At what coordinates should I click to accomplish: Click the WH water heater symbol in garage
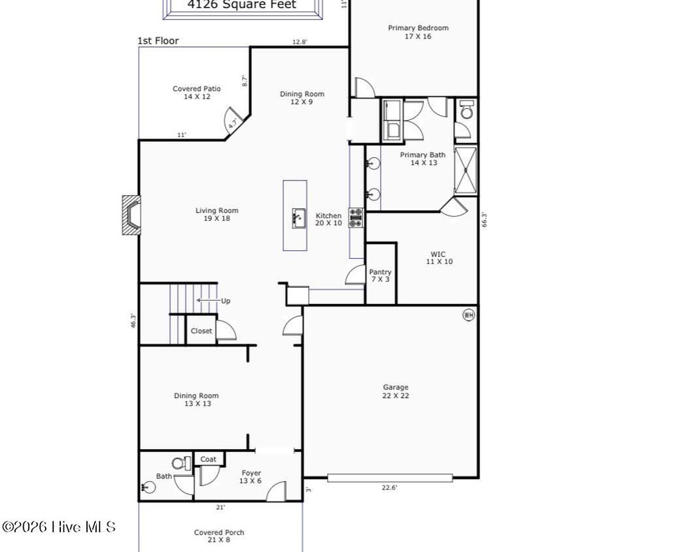[x=469, y=315]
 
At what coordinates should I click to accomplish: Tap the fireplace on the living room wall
[x=131, y=215]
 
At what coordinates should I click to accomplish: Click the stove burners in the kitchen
[x=356, y=218]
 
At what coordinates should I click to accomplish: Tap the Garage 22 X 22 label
[x=395, y=391]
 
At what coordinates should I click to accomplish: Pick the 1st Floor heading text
[x=158, y=40]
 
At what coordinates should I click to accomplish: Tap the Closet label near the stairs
[x=202, y=331]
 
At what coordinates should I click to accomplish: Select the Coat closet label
[x=208, y=459]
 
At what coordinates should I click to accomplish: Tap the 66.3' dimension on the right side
[x=484, y=220]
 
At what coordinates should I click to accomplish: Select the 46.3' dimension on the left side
[x=133, y=320]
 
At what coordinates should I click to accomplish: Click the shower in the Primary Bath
[x=466, y=170]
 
